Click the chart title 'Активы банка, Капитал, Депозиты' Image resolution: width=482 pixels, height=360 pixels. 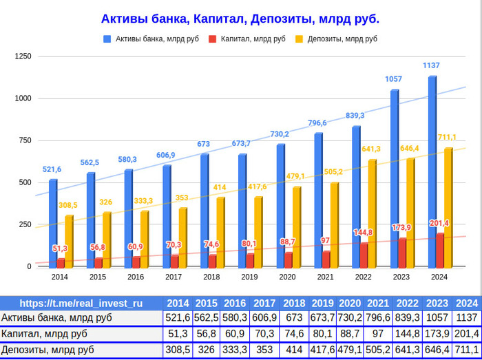pyautogui.click(x=240, y=19)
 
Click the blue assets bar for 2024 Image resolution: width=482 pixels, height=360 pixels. pyautogui.click(x=432, y=172)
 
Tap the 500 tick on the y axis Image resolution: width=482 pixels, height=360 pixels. pyautogui.click(x=25, y=182)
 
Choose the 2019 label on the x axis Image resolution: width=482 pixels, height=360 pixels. pyautogui.click(x=250, y=277)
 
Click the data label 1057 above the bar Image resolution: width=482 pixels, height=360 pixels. pyautogui.click(x=393, y=79)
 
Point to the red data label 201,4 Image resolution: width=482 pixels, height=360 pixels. pyautogui.click(x=439, y=223)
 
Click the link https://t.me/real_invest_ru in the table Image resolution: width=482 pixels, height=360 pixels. pyautogui.click(x=81, y=303)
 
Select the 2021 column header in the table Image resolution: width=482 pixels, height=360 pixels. pyautogui.click(x=378, y=303)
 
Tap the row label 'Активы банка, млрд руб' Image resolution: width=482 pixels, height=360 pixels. pyautogui.click(x=56, y=318)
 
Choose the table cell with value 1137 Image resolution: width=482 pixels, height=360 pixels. pyautogui.click(x=467, y=318)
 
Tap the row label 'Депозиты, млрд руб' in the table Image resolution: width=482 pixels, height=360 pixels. pyautogui.click(x=48, y=350)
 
